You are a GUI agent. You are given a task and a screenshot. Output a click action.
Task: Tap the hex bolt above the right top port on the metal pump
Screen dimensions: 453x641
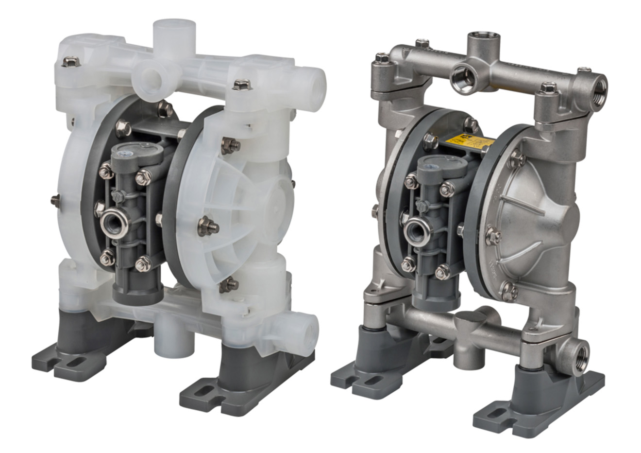tap(549, 87)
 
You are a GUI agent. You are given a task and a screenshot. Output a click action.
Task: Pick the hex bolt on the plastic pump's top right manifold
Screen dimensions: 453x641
tap(241, 84)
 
